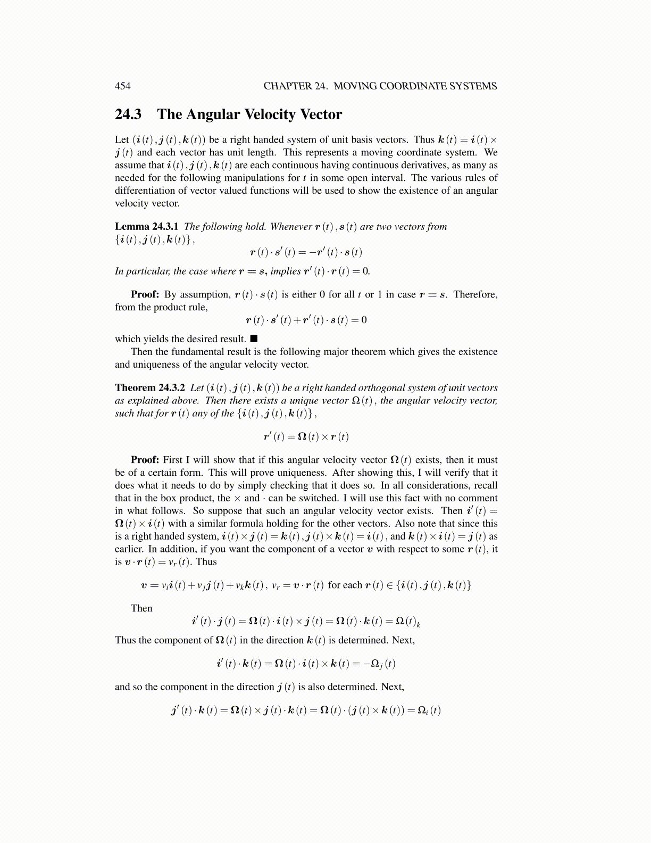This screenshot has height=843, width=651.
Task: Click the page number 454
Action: point(122,86)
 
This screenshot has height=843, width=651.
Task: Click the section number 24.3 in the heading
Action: point(128,114)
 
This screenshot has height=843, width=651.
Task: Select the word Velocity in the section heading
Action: point(269,114)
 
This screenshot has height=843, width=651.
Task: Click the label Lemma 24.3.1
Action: point(146,227)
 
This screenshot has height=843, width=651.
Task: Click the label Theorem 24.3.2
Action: point(149,388)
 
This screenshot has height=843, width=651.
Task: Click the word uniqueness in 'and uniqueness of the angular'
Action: point(158,365)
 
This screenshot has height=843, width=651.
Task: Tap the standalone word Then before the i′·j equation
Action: point(141,608)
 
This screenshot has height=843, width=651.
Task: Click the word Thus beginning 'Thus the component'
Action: point(125,640)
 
